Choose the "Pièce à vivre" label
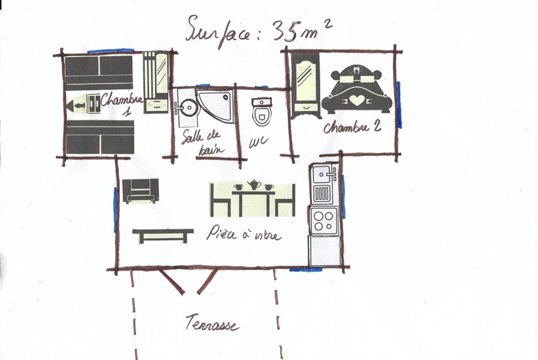[243, 233]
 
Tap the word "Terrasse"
[212, 323]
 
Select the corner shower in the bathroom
[216, 106]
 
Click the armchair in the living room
[141, 191]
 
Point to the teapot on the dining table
[254, 184]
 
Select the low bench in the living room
[163, 235]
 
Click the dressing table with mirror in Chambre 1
[155, 82]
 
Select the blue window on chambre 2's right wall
[398, 105]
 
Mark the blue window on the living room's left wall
[115, 206]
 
